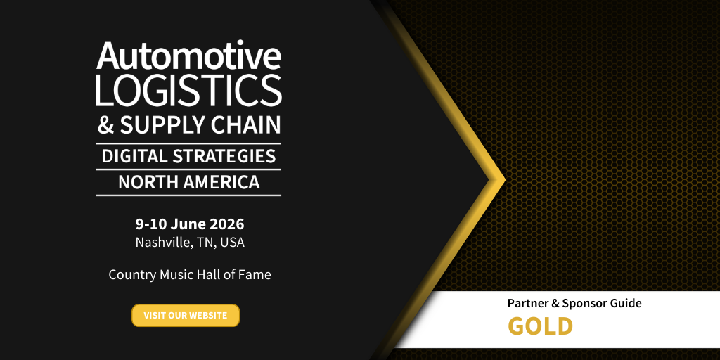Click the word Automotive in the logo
188,56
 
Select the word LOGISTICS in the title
188,91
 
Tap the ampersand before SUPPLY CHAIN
105,125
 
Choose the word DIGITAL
134,156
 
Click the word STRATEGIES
224,156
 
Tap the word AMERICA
221,182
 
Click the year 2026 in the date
227,224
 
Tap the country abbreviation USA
232,242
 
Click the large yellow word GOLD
541,326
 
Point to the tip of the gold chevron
505,180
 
